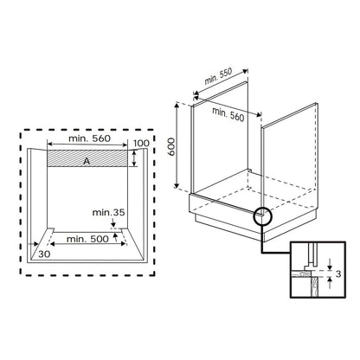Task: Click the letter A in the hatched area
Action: tap(87, 162)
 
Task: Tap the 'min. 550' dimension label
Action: tap(218, 76)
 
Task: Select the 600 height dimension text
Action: tap(171, 147)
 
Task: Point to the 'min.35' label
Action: tap(108, 213)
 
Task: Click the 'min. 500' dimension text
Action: tap(87, 239)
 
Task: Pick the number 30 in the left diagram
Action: tap(44, 254)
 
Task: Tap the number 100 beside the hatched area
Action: tap(141, 143)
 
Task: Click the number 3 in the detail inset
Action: tap(338, 273)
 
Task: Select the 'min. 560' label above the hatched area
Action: tap(89, 138)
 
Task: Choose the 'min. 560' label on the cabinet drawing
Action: tap(228, 114)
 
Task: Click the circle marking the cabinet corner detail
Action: tap(262, 216)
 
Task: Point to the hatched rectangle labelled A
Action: tap(87, 158)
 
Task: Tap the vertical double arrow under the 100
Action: tap(134, 158)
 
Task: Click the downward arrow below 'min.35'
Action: tap(113, 222)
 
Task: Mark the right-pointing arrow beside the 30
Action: tap(33, 244)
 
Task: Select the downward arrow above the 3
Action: tap(330, 264)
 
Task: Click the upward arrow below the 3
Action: tap(330, 283)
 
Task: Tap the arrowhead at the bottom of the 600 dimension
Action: tap(177, 185)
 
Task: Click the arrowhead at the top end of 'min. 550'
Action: tap(246, 71)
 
